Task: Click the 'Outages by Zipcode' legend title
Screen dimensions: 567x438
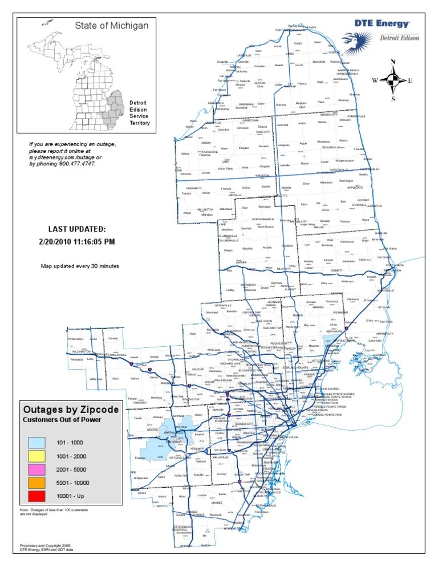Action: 70,410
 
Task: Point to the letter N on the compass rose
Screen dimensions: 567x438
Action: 393,62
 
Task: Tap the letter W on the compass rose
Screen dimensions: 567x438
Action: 375,80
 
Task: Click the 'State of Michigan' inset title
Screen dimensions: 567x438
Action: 112,26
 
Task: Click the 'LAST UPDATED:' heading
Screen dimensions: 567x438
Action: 76,229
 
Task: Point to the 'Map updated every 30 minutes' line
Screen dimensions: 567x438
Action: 79,266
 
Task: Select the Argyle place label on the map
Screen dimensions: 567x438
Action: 303,143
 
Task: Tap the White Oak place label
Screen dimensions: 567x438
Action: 96,379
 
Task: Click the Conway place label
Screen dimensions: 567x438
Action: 112,338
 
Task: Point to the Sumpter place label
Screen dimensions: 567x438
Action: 222,474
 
